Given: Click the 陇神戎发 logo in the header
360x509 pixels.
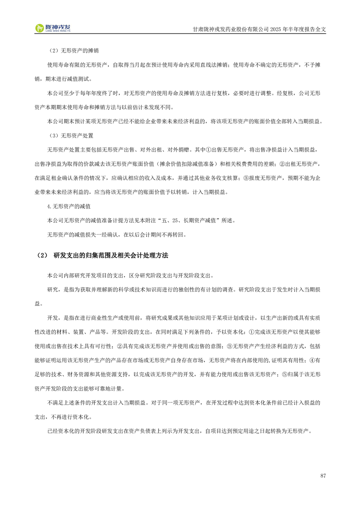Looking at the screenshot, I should click(x=53, y=28).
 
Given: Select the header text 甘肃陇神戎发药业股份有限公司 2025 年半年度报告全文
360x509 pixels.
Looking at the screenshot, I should click(x=259, y=29).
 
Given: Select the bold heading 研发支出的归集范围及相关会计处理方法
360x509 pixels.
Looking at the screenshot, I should click(x=111, y=256).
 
